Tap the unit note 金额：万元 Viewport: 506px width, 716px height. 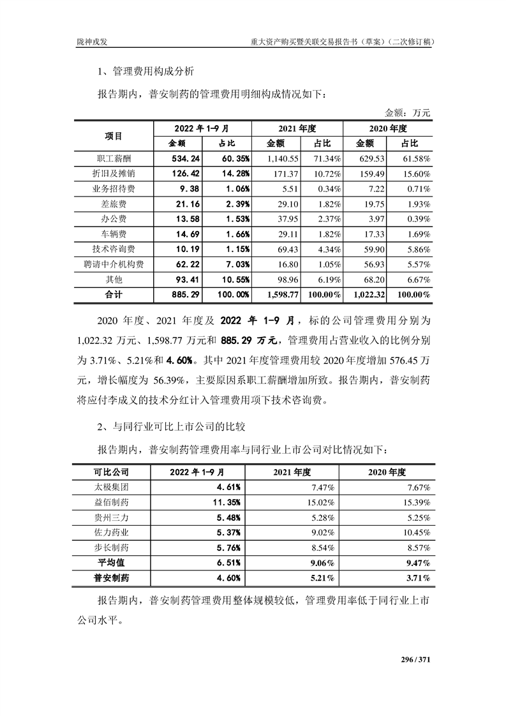click(x=408, y=112)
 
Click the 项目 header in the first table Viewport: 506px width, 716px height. click(x=114, y=135)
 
